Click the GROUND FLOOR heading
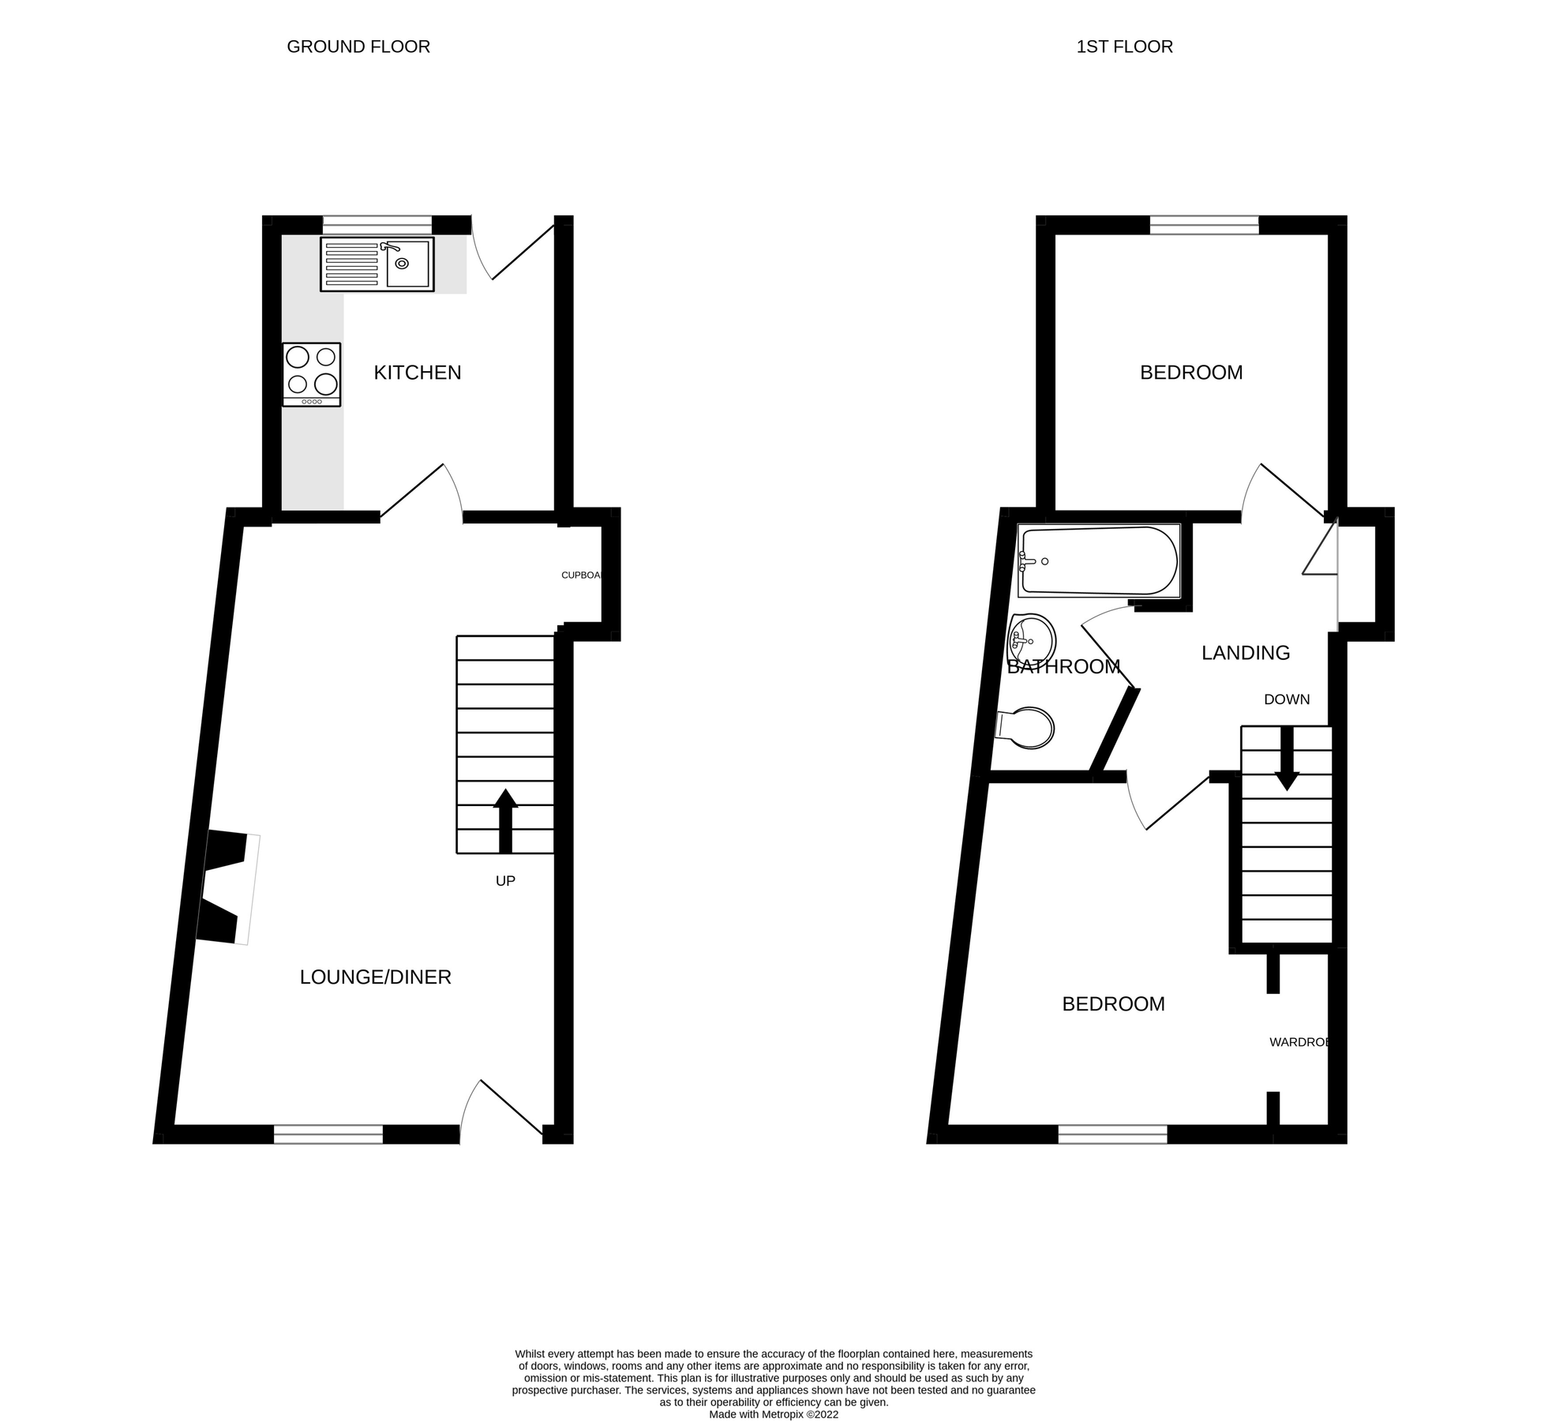tap(358, 47)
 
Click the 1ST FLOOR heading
tap(1124, 47)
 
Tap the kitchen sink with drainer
tap(377, 264)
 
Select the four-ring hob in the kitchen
tap(312, 374)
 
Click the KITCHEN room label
tap(417, 373)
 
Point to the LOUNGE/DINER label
tap(375, 977)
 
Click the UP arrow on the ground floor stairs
tap(505, 821)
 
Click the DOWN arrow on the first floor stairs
tap(1287, 758)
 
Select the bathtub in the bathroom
tap(1099, 561)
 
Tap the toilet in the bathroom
tap(1025, 727)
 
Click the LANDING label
tap(1245, 653)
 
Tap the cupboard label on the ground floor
tap(581, 575)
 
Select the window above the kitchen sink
tap(377, 225)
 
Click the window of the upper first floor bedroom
tap(1203, 225)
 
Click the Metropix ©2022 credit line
tap(773, 1415)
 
